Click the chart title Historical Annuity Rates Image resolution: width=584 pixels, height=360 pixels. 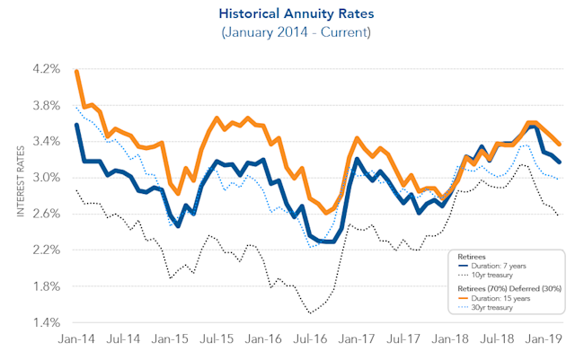click(x=292, y=14)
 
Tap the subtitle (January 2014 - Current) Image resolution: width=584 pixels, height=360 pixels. click(x=292, y=32)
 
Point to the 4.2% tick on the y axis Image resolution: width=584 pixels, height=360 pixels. click(x=46, y=68)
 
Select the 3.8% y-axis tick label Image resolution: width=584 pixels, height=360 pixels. click(x=46, y=104)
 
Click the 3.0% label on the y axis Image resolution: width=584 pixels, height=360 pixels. click(x=46, y=177)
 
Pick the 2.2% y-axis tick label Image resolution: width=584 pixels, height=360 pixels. click(x=46, y=250)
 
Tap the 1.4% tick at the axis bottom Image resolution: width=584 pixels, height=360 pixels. click(x=46, y=322)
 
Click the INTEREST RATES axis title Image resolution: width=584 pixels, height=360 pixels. click(x=21, y=196)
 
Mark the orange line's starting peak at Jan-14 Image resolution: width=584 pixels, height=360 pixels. click(x=76, y=70)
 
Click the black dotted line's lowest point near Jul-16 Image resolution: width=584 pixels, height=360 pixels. click(x=309, y=313)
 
